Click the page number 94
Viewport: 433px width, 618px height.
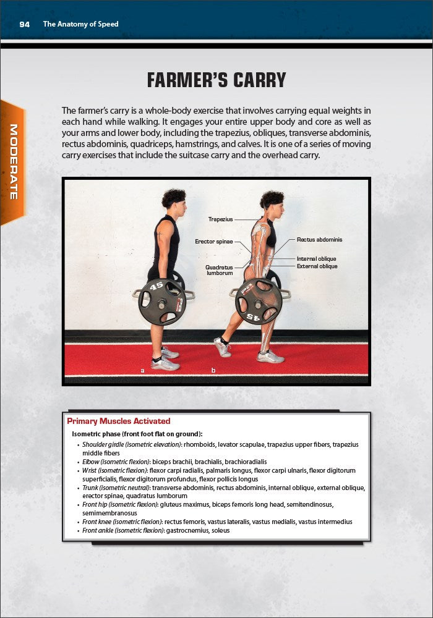coord(25,24)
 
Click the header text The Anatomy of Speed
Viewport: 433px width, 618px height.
coord(80,24)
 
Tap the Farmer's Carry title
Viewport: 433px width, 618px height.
coord(216,80)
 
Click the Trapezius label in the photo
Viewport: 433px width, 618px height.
coord(220,219)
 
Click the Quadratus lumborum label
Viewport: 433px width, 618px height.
coord(219,270)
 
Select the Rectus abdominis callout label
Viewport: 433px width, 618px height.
coord(319,239)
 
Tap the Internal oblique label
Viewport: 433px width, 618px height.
coord(317,258)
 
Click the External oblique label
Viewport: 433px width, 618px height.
coord(317,266)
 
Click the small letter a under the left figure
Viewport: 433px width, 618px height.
coord(143,370)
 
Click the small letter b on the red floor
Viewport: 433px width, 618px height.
coord(213,370)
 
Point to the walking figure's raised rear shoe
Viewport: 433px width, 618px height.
coord(222,347)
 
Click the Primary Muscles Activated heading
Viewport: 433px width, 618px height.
coord(118,421)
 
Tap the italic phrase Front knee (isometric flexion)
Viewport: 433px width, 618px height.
coord(122,522)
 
